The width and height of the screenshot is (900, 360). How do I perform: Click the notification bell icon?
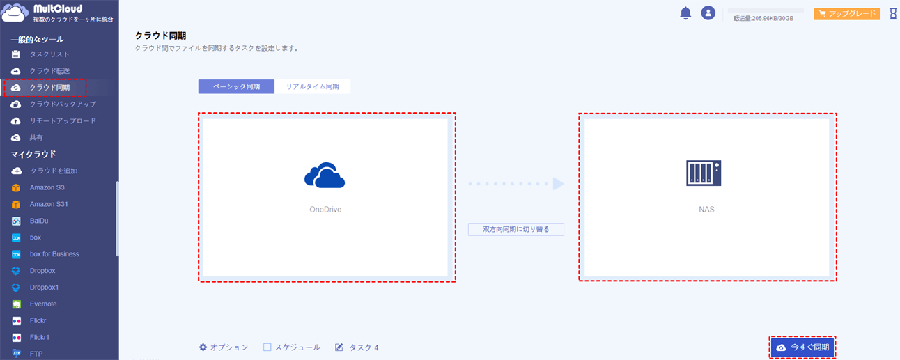(x=685, y=13)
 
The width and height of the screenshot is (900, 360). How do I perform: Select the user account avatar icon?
(x=708, y=13)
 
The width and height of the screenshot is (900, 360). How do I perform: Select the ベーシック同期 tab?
(x=236, y=86)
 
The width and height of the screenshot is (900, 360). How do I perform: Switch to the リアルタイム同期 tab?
(x=313, y=86)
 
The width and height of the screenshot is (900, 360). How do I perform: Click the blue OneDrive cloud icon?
(x=325, y=175)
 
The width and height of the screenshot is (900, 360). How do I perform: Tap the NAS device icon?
(x=704, y=173)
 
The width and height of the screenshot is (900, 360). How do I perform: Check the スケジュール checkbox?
(x=267, y=347)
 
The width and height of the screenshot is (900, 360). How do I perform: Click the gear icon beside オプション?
(x=203, y=347)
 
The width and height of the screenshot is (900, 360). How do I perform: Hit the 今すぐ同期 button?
(x=802, y=347)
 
